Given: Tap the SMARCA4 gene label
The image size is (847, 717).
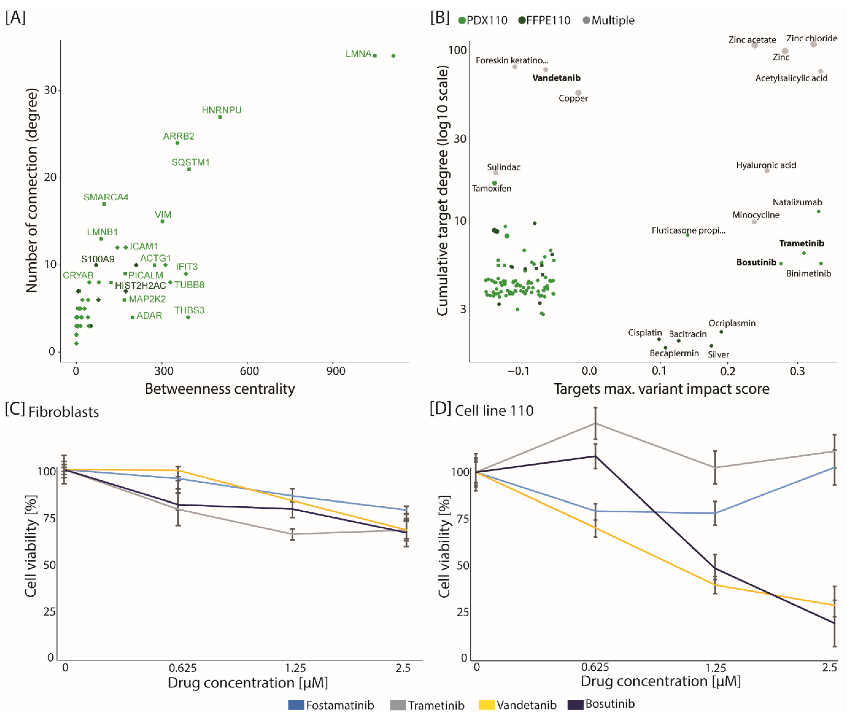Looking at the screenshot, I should [x=106, y=197].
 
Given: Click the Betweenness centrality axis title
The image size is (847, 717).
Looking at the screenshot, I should [x=220, y=389].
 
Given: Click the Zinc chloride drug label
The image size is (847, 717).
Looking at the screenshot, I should [x=812, y=38].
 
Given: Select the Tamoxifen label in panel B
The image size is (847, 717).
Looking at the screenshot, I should [x=491, y=188].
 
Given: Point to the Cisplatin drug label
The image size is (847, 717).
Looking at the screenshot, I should [x=645, y=333].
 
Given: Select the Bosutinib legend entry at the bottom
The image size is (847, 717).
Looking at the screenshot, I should [x=601, y=704].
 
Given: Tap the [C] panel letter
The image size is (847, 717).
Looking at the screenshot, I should [x=15, y=409].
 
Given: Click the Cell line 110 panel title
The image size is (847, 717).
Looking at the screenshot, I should [x=494, y=411].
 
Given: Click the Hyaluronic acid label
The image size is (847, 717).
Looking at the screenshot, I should [x=766, y=165].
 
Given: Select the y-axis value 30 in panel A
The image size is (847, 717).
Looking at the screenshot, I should [x=50, y=90].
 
